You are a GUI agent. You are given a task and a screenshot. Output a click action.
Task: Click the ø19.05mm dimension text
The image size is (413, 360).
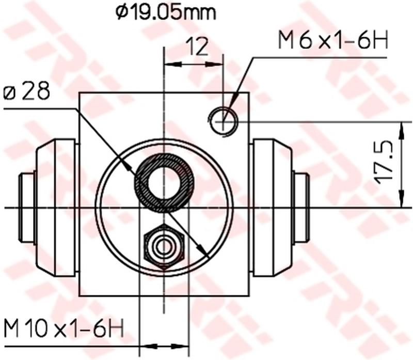coord(165,12)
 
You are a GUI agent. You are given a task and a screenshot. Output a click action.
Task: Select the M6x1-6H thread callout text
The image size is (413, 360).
coord(333,41)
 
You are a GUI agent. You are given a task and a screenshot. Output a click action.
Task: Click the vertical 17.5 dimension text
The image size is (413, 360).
coord(385,164)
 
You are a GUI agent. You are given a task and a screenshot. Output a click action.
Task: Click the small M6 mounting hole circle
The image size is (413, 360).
coord(223,121)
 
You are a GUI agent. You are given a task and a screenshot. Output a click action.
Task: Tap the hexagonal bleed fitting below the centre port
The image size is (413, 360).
coord(164,246)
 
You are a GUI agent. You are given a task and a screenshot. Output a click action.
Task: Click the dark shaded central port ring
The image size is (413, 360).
coord(164,182)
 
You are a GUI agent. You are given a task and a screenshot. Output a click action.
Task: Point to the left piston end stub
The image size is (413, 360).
coord(26,207)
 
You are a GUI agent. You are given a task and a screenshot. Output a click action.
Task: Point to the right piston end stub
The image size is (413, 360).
coord(300,207)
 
